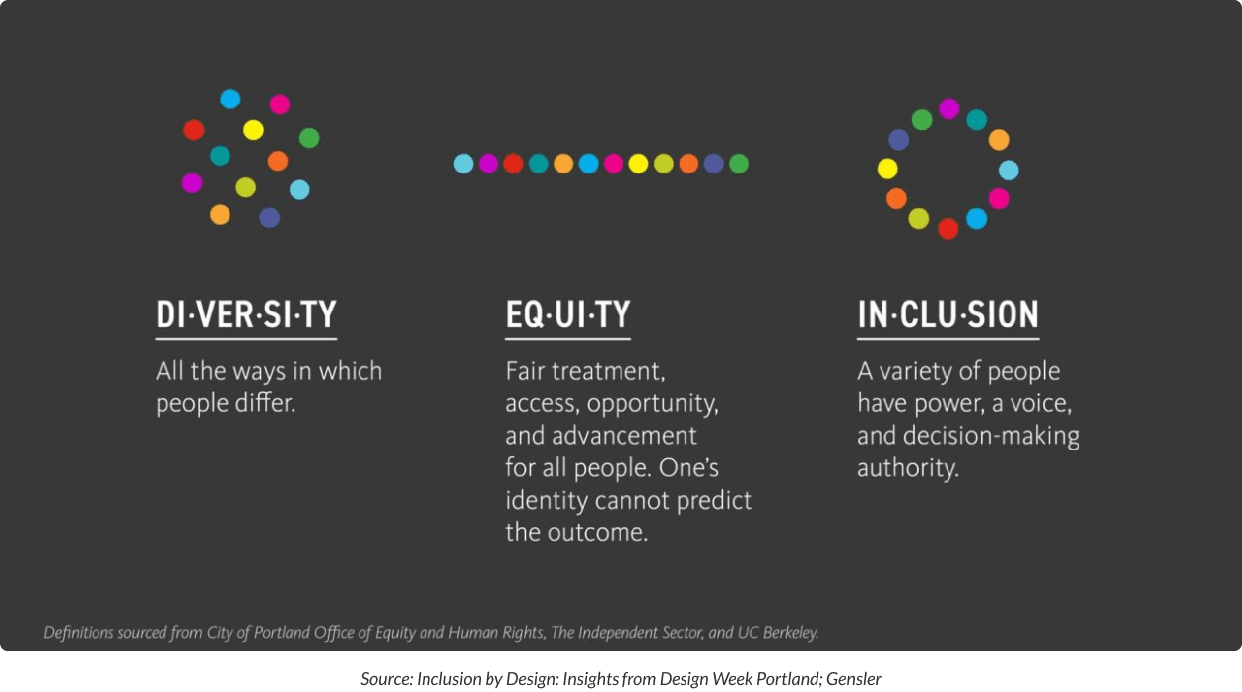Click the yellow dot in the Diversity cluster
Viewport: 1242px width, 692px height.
[253, 130]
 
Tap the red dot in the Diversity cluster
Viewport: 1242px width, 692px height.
[194, 130]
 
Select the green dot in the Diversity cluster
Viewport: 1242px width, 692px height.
[309, 138]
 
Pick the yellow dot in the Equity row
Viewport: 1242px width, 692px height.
[638, 164]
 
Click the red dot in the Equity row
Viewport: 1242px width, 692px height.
[513, 164]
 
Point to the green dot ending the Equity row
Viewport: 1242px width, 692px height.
[739, 164]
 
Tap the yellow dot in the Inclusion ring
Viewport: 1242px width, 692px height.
[887, 169]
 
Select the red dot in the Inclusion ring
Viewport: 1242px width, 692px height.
[948, 228]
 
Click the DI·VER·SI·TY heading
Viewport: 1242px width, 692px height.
[246, 314]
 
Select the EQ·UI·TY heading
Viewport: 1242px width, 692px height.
[568, 314]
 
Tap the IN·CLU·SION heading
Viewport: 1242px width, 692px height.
[948, 314]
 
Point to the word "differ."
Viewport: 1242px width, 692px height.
[265, 402]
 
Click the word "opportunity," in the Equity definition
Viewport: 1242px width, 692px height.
[653, 404]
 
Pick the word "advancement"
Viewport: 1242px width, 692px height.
[623, 435]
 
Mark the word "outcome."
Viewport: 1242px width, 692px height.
[598, 532]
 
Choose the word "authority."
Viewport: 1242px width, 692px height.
[908, 468]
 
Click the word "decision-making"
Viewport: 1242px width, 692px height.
[991, 436]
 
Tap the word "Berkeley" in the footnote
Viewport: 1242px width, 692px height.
[791, 633]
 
